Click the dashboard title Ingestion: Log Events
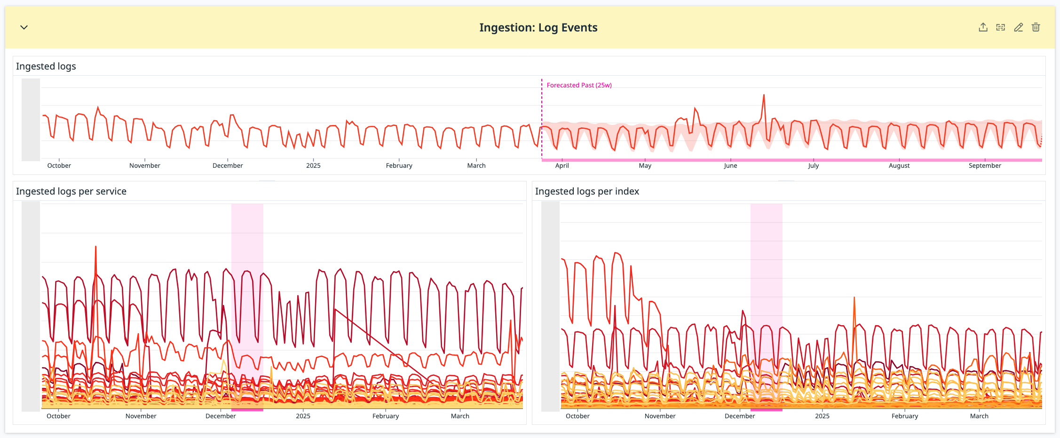[x=538, y=28]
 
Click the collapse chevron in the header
[x=24, y=27]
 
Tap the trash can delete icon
[x=1036, y=27]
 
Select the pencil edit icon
[x=1018, y=27]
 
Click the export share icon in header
[x=983, y=27]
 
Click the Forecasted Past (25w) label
[x=579, y=85]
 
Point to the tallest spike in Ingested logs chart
[x=764, y=95]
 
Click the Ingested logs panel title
[x=46, y=66]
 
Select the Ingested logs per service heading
[x=71, y=191]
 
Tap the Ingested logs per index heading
[x=587, y=191]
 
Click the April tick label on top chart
[x=562, y=165]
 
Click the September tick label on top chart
[x=985, y=165]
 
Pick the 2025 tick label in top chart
[x=313, y=165]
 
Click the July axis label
[x=814, y=165]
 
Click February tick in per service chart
[x=386, y=416]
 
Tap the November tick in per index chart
[x=660, y=416]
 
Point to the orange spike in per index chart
[x=854, y=299]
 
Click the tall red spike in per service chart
[x=96, y=248]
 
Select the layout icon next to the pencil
[x=1001, y=27]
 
